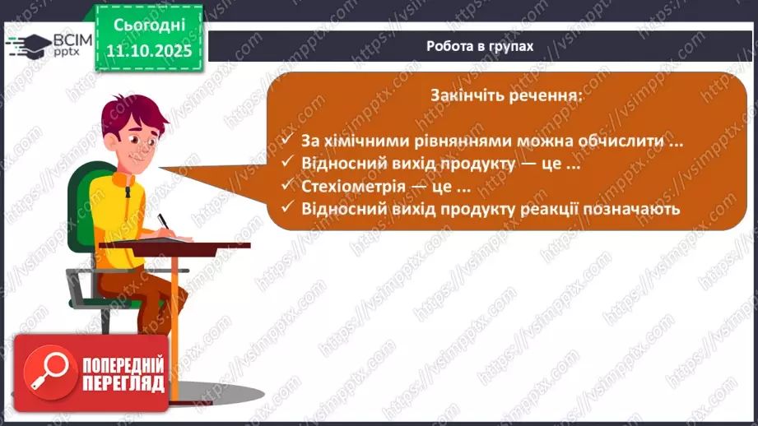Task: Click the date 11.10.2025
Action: point(149,49)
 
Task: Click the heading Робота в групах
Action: point(480,46)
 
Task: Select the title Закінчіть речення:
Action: point(505,95)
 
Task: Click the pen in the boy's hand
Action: point(162,222)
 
